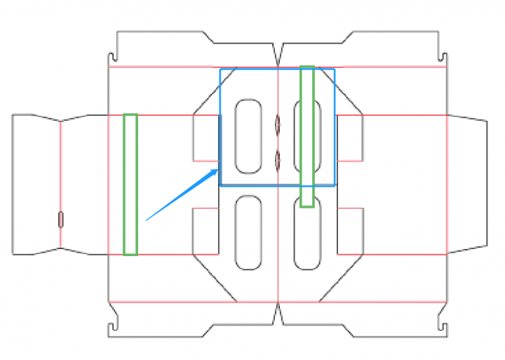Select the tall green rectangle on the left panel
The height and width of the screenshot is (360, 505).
point(130,184)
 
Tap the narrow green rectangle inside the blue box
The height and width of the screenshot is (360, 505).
point(307,136)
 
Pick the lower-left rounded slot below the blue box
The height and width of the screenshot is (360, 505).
point(248,232)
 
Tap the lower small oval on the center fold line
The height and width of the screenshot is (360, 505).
point(277,160)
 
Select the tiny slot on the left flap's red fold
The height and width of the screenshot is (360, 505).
point(60,220)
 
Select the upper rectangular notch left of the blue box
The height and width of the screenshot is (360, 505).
point(206,138)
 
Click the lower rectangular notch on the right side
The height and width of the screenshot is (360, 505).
point(351,231)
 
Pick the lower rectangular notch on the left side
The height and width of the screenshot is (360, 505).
point(206,231)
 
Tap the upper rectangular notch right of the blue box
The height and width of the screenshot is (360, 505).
point(351,138)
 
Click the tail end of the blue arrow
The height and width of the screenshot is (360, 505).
point(146,220)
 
